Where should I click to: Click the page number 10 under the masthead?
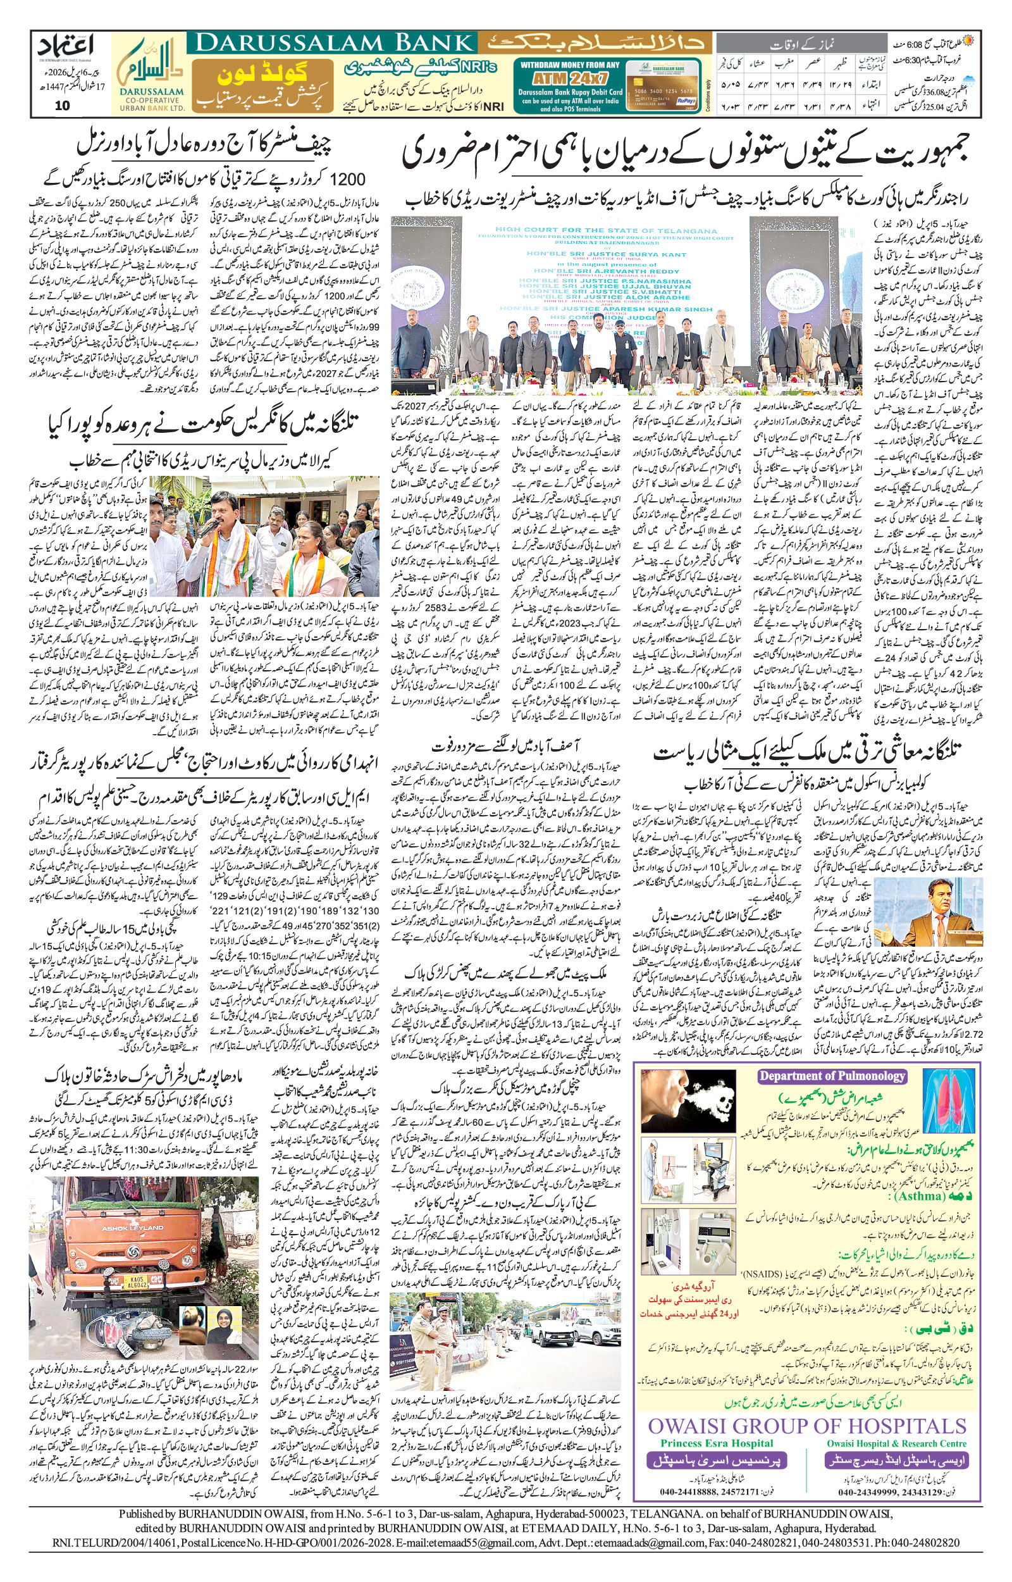pos(62,105)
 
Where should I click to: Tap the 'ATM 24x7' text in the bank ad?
pos(568,78)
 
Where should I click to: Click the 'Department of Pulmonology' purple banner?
pos(832,1076)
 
